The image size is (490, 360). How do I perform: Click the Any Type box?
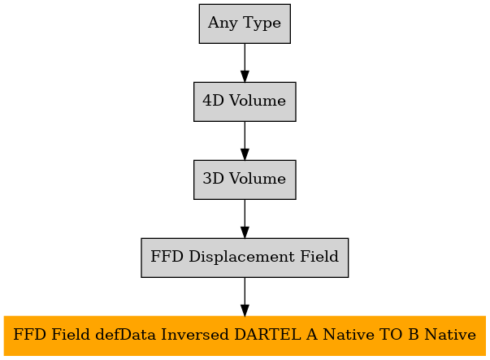[x=245, y=24]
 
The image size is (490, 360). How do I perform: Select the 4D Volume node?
[x=245, y=102]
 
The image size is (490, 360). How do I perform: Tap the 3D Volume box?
[x=245, y=180]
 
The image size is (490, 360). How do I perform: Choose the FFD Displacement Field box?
[x=245, y=258]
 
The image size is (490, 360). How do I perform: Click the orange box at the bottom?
[x=245, y=336]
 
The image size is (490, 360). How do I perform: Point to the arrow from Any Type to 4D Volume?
[x=245, y=63]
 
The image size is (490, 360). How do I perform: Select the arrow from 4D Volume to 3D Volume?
[x=245, y=141]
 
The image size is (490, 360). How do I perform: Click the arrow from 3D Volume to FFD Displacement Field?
[x=245, y=219]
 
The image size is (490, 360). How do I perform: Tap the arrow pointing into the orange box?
[x=245, y=297]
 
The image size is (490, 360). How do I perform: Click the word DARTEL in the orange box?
[x=268, y=335]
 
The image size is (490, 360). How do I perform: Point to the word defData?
[x=125, y=335]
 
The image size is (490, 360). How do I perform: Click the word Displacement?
[x=241, y=257]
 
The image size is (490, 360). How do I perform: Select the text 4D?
[x=214, y=101]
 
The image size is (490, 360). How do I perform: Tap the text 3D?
[x=214, y=179]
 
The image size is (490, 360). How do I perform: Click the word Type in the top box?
[x=262, y=24]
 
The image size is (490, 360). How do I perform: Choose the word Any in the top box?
[x=223, y=24]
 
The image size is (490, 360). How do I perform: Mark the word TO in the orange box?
[x=391, y=335]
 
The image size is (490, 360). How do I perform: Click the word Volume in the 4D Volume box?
[x=258, y=101]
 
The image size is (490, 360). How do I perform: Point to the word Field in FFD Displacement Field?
[x=319, y=257]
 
